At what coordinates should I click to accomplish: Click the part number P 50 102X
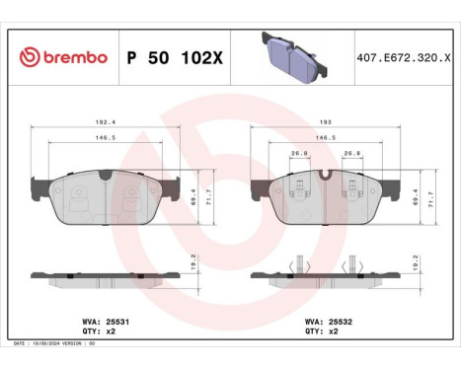pyautogui.click(x=176, y=57)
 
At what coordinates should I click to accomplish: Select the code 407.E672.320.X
pyautogui.click(x=404, y=57)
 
